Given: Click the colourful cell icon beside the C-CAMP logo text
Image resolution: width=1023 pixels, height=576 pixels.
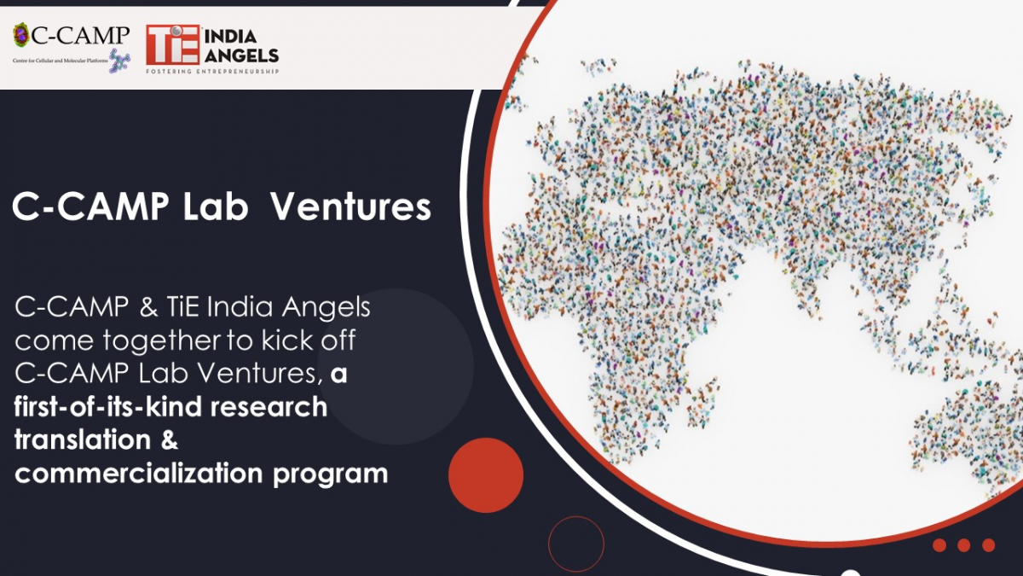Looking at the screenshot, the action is pyautogui.click(x=21, y=35).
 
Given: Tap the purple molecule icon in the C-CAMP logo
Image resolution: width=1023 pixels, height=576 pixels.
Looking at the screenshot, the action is pyautogui.click(x=119, y=61).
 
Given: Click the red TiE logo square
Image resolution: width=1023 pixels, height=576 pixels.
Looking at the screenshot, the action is pyautogui.click(x=172, y=44).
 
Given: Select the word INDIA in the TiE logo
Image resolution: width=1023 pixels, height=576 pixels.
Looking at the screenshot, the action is pyautogui.click(x=230, y=37).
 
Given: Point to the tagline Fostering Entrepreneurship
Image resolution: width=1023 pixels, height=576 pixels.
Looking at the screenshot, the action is pyautogui.click(x=212, y=72).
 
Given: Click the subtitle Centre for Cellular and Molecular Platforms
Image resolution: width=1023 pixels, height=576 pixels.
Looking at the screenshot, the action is pyautogui.click(x=61, y=61).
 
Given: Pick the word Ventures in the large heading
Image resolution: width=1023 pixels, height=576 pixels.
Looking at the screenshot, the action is pyautogui.click(x=350, y=207).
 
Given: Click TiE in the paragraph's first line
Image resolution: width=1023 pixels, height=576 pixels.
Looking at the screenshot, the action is pyautogui.click(x=182, y=306).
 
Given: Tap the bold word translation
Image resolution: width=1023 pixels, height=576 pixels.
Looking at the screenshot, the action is pyautogui.click(x=83, y=439).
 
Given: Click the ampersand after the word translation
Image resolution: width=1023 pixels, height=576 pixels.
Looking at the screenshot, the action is pyautogui.click(x=170, y=439).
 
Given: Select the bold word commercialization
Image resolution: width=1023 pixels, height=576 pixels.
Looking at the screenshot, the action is pyautogui.click(x=139, y=473).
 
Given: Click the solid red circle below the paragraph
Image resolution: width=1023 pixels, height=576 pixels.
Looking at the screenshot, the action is pyautogui.click(x=486, y=475).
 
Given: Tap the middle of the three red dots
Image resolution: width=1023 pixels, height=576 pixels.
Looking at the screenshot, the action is pyautogui.click(x=964, y=545).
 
